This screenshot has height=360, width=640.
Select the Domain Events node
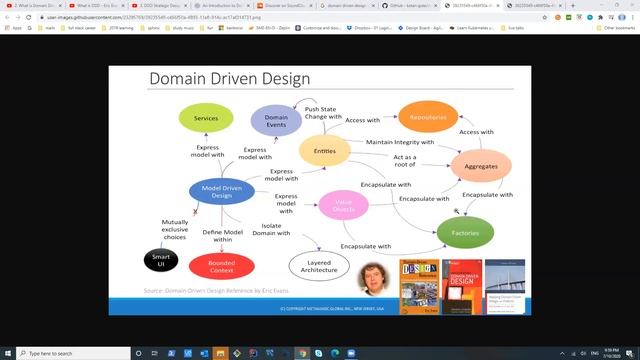click(276, 121)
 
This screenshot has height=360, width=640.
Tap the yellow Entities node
click(324, 151)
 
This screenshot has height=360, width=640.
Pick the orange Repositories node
click(428, 118)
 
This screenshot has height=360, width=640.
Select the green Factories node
click(465, 231)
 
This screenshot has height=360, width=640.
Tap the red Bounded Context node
click(221, 266)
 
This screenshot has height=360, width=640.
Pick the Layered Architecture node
click(319, 265)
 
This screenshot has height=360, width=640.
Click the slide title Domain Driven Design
click(229, 79)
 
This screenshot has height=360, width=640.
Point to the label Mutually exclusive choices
click(174, 230)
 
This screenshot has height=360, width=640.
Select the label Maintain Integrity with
click(399, 142)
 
